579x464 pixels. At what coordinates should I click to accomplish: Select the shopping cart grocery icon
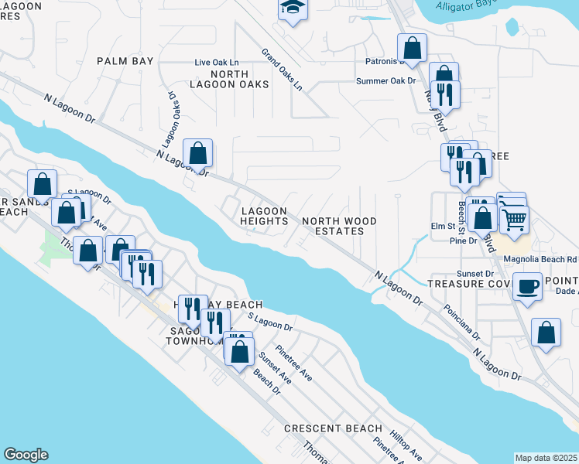(514, 220)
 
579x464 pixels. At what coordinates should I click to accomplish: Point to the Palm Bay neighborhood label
(125, 60)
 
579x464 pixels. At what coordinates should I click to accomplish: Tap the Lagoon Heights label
(264, 216)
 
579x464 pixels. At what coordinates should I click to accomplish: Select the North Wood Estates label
(339, 226)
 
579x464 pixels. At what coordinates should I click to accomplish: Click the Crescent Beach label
(333, 428)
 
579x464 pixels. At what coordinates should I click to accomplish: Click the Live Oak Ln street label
(218, 62)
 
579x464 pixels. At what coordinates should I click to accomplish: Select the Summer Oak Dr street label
(386, 80)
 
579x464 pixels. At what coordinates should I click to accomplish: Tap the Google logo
(26, 455)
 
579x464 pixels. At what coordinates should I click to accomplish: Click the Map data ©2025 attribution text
(546, 458)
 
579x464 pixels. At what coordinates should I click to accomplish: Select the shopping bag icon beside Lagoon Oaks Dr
(198, 152)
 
